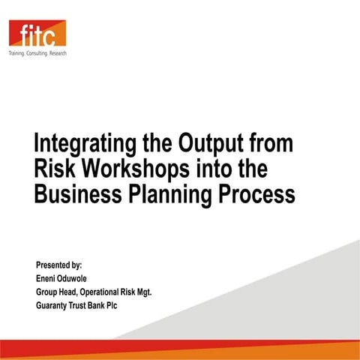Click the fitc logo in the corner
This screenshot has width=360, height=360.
pos(37,34)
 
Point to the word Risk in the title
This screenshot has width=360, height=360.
pos(55,169)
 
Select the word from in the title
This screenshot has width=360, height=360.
pos(271,143)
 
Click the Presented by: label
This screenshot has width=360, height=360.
pos(59,265)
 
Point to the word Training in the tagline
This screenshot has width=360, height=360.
pos(16,55)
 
